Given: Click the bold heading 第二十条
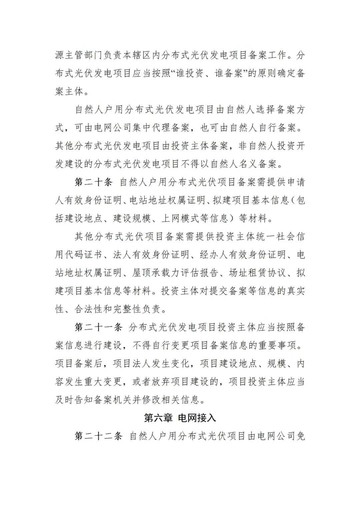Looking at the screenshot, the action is [x=94, y=182].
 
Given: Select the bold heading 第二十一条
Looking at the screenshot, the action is [x=99, y=327].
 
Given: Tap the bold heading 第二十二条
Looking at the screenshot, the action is [x=99, y=436].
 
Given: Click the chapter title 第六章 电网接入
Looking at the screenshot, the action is [x=180, y=418].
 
